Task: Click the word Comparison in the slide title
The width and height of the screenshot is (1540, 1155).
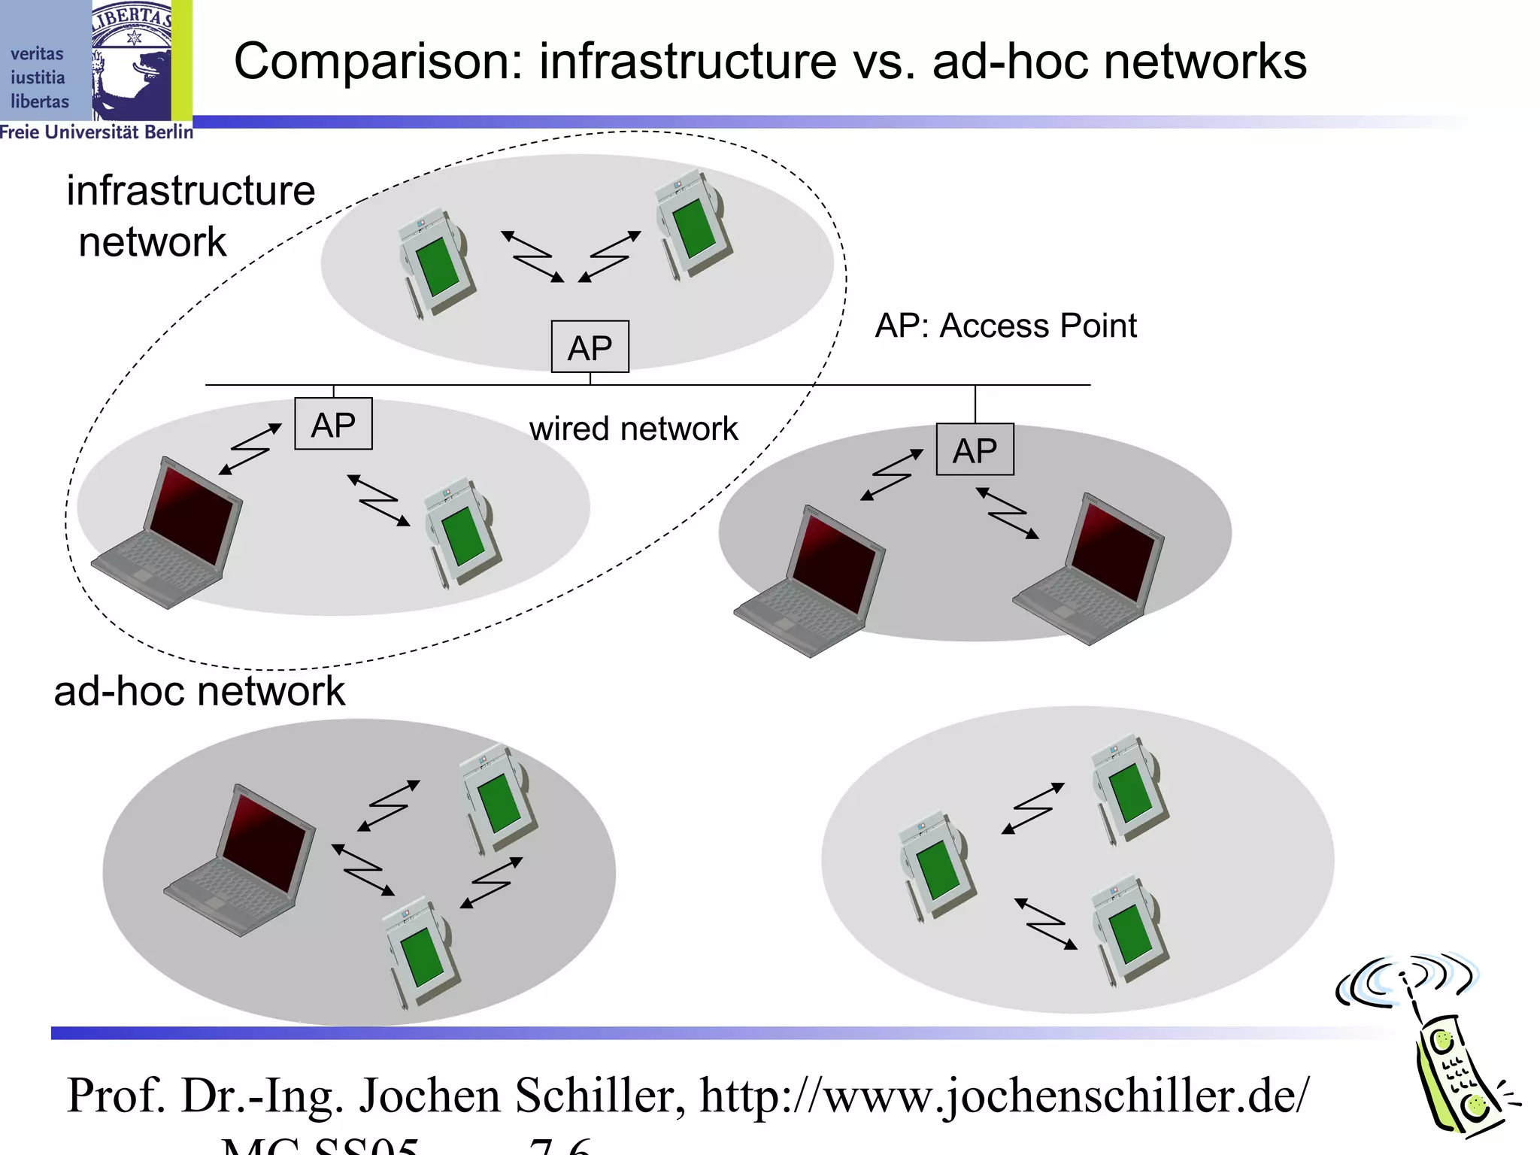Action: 377,62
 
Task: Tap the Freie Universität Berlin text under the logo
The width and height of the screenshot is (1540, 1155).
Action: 96,132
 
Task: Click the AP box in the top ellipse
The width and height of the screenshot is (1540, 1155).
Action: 590,347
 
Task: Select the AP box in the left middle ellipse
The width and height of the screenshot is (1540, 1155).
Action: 333,424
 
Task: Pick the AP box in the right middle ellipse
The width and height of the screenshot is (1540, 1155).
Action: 975,450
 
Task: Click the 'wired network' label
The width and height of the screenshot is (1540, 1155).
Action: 633,429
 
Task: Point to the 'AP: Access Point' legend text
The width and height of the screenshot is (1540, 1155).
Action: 1005,326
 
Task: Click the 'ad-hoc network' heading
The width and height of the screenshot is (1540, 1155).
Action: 199,690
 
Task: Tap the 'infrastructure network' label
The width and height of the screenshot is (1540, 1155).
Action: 189,215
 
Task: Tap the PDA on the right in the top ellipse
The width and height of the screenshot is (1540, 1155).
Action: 692,226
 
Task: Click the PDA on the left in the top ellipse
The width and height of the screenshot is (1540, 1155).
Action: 436,263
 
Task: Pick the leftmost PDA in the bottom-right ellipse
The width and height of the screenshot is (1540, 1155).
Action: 936,865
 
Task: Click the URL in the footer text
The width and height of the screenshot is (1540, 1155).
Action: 1004,1096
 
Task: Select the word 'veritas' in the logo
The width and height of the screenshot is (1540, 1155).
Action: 37,54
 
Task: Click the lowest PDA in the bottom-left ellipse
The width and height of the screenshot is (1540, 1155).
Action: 421,951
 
